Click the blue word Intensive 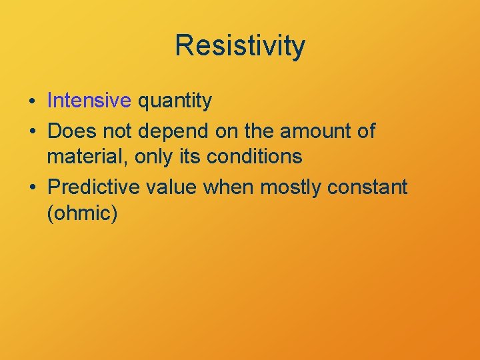[x=89, y=101]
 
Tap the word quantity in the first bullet [x=175, y=101]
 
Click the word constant [x=367, y=188]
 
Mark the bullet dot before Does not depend [x=33, y=132]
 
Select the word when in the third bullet [x=229, y=188]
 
